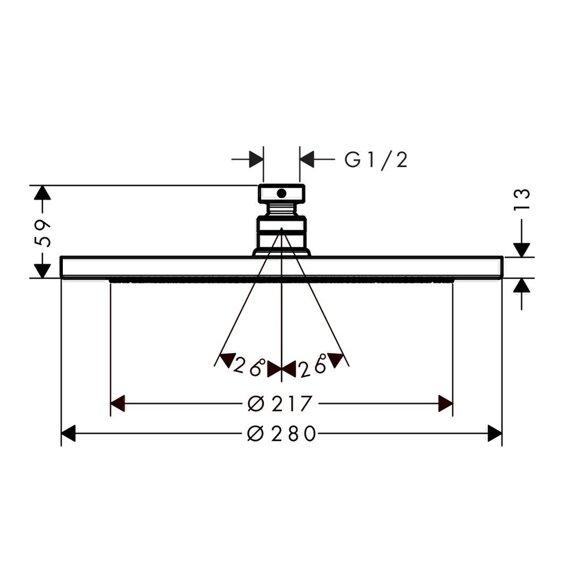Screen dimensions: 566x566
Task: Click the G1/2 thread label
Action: click(x=376, y=160)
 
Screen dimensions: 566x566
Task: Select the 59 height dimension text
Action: click(x=42, y=233)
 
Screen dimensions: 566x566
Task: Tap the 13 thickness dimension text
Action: click(x=522, y=199)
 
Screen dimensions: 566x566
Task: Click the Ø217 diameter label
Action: click(x=280, y=404)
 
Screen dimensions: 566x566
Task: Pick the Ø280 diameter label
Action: click(x=281, y=434)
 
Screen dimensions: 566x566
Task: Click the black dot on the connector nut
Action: click(x=281, y=194)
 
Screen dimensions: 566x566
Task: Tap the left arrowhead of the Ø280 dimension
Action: click(x=68, y=433)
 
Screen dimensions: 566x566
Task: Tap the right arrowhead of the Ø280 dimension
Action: click(x=495, y=433)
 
